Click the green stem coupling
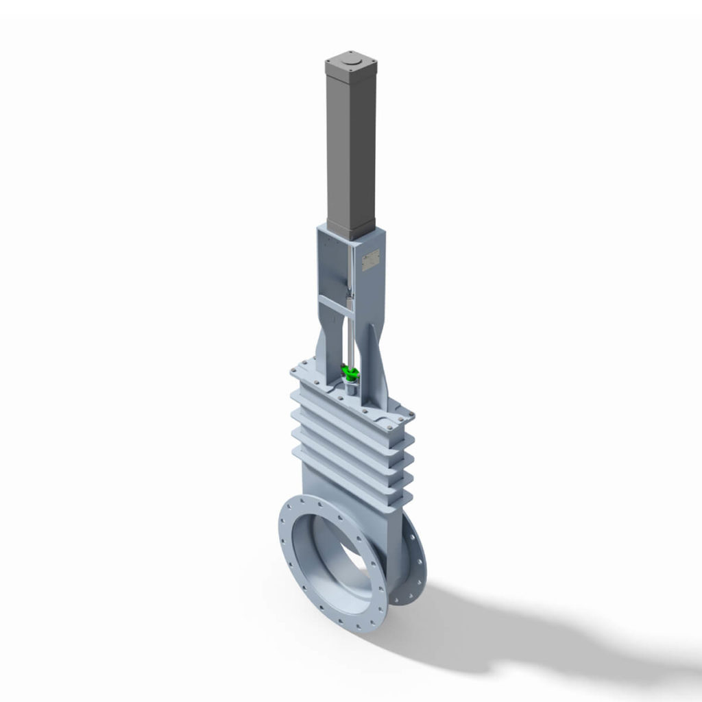[x=351, y=374]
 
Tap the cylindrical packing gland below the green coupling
[x=350, y=388]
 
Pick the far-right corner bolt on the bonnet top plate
[x=411, y=415]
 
